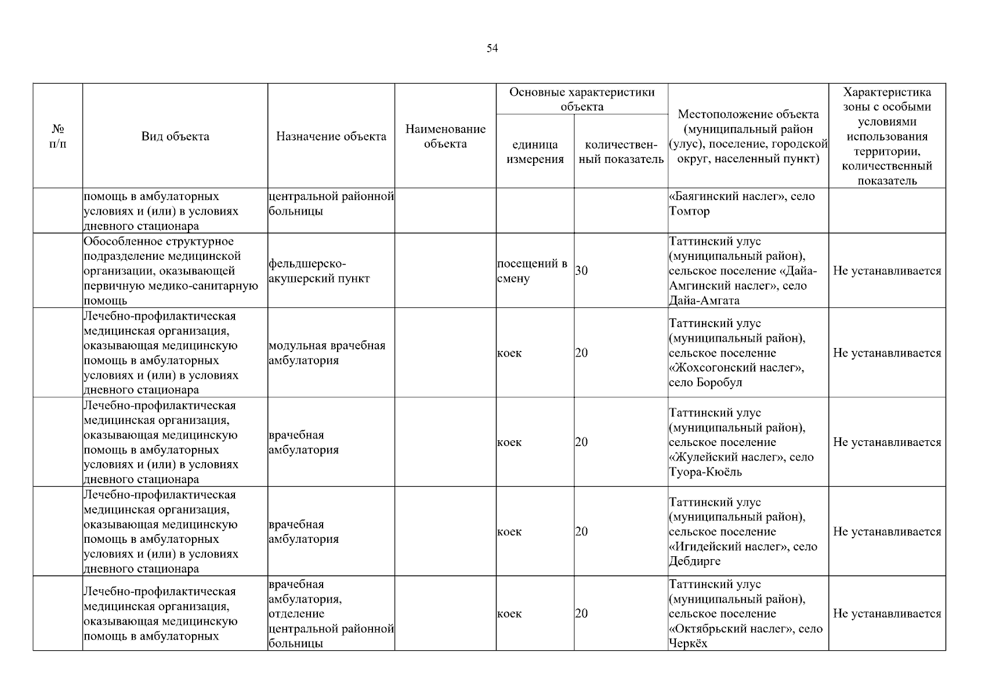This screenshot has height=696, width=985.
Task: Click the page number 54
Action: click(x=492, y=48)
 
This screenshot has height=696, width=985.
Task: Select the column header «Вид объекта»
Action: click(x=175, y=136)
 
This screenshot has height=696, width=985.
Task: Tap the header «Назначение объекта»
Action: click(x=331, y=136)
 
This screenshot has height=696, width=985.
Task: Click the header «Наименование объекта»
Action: click(x=446, y=136)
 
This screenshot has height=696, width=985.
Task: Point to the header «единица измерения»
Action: click(x=535, y=152)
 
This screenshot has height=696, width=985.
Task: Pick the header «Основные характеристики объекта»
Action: click(x=582, y=99)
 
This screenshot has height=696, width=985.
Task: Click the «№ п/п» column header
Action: click(x=57, y=136)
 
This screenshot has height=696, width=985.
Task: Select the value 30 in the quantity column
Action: click(x=581, y=271)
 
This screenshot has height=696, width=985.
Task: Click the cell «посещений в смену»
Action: click(x=531, y=271)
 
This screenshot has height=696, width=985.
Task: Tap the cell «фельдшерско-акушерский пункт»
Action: click(x=319, y=271)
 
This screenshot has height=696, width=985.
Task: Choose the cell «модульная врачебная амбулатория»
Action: click(x=327, y=353)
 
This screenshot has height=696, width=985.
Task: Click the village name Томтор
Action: click(x=689, y=211)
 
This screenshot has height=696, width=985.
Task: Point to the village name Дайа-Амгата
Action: click(x=704, y=300)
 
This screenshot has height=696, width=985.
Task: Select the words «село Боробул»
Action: click(x=705, y=383)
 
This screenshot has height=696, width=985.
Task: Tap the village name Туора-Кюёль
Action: click(x=705, y=472)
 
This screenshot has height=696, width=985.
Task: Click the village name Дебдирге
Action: click(x=695, y=561)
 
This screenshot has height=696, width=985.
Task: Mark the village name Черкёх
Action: click(x=688, y=644)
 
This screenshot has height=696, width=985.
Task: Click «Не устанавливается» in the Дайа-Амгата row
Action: click(x=887, y=271)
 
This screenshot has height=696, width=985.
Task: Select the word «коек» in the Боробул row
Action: click(x=509, y=353)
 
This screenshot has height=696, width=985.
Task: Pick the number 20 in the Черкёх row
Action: click(x=581, y=614)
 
